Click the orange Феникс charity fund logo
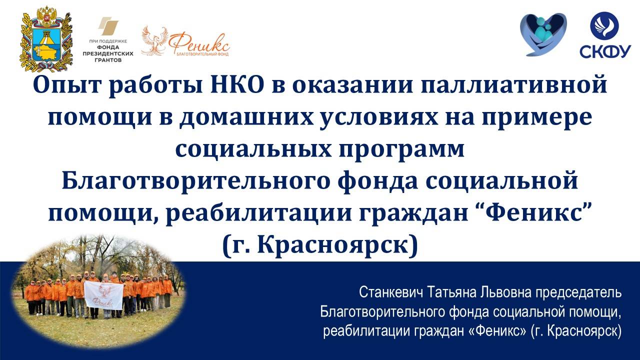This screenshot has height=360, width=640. coord(185,41)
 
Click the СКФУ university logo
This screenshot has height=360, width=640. coord(604,35)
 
